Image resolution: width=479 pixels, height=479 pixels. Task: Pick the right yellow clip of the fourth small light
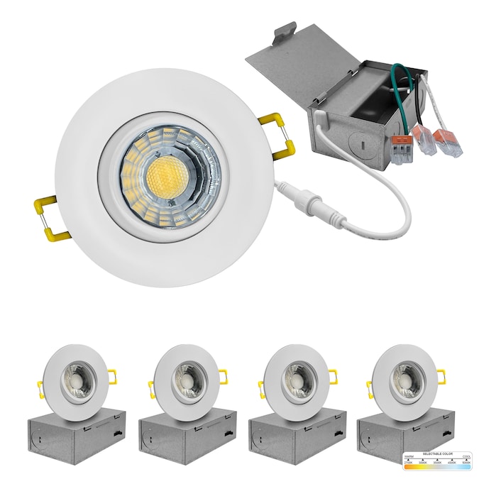pos(441,375)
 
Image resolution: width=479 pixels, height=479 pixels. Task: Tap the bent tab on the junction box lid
pos(285,32)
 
